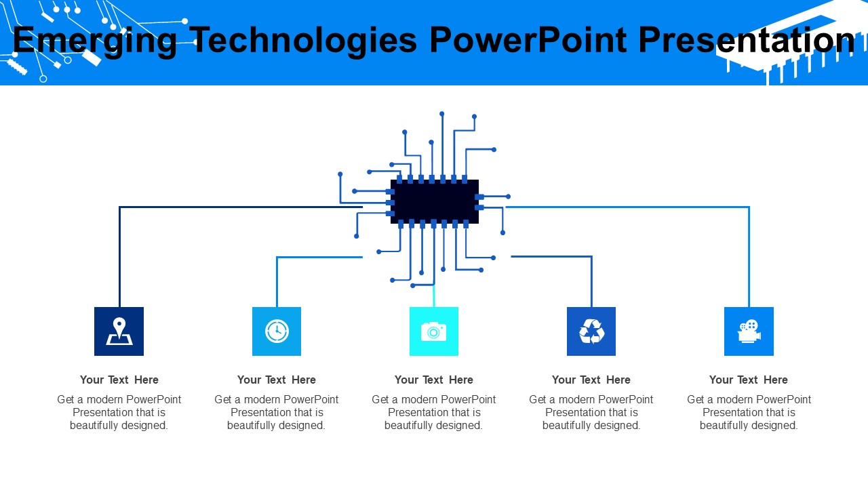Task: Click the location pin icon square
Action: coord(119,331)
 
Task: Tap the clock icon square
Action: coord(277,331)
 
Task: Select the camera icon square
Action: coord(434,331)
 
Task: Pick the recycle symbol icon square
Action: coord(591,331)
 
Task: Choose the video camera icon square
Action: coord(749,331)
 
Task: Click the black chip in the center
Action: coord(435,201)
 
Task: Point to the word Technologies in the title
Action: coord(303,41)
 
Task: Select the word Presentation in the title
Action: coord(746,41)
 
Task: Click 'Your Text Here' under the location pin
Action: coord(119,380)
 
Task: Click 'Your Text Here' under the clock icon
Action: coord(277,380)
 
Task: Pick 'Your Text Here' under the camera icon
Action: coord(434,380)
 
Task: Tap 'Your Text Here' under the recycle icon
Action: coord(591,380)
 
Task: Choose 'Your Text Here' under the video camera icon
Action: coord(749,380)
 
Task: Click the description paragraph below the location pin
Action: coord(119,412)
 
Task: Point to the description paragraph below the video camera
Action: coord(749,412)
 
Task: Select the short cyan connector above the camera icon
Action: coord(434,297)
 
